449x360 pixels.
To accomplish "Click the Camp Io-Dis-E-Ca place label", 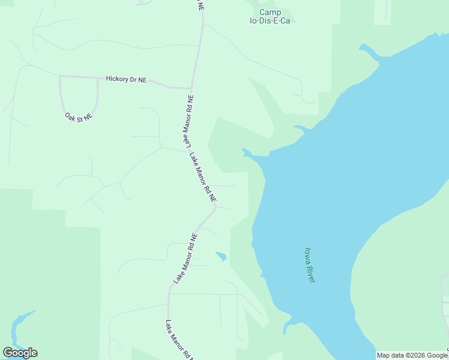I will [x=270, y=16].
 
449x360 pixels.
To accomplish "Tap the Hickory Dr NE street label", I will [x=126, y=79].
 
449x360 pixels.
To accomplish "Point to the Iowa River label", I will [x=310, y=265].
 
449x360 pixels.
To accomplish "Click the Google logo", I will [x=20, y=352].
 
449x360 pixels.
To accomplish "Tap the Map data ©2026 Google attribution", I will [x=412, y=355].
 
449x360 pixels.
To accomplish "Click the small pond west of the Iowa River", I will [x=221, y=256].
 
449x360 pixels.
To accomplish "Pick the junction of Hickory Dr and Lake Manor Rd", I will [x=191, y=88].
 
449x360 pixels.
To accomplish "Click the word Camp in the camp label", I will [x=270, y=12].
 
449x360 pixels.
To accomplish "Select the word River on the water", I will [x=311, y=273].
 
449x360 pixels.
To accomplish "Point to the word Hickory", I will [x=117, y=79].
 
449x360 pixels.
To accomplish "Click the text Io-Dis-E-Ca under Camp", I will [x=270, y=20].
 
